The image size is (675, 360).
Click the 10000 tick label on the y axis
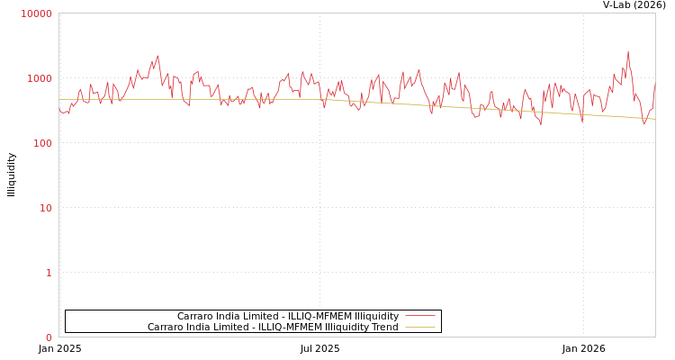(37, 13)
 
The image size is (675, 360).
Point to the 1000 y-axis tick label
(40, 78)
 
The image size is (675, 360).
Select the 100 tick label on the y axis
(42, 143)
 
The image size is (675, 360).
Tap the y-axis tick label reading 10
(45, 208)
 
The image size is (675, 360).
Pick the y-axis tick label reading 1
(49, 273)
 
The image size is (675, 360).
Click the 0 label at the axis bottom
(49, 337)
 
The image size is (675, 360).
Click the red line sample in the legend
(419, 316)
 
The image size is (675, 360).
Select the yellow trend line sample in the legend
(419, 327)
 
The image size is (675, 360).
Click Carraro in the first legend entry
(194, 316)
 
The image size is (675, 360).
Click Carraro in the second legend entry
(165, 327)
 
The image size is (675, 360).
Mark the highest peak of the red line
(628, 52)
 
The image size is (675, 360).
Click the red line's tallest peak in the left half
(157, 56)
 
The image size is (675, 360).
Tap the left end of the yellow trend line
(59, 99)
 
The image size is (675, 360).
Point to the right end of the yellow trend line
(654, 119)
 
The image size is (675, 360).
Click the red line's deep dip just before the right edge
(644, 124)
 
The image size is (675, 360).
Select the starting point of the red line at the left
(59, 109)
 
